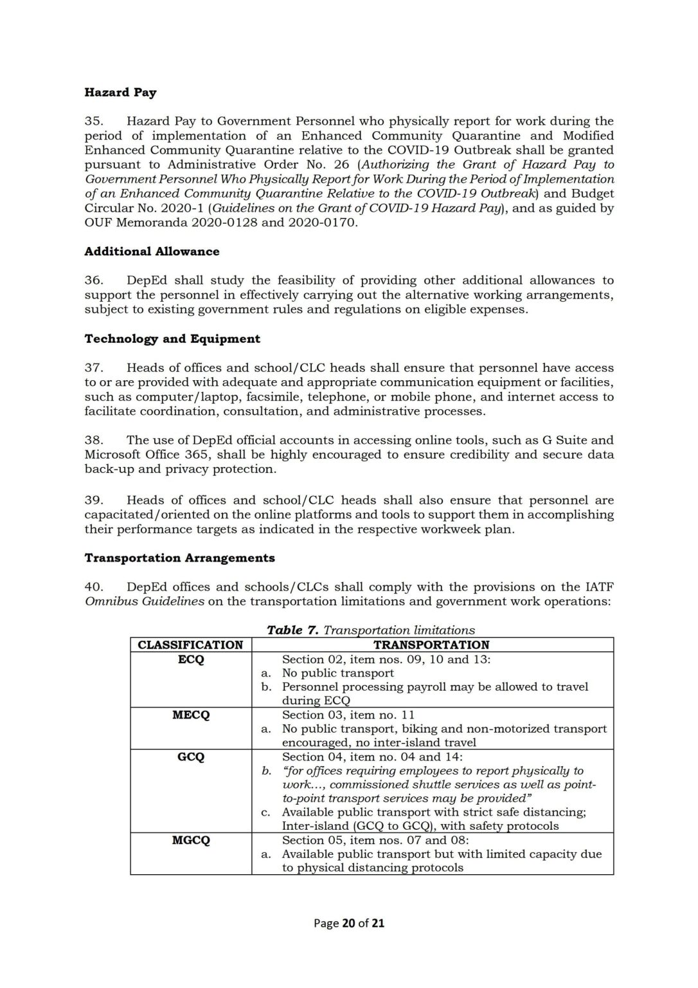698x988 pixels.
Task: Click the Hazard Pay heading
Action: [x=120, y=92]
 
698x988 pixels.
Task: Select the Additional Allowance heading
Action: [x=152, y=252]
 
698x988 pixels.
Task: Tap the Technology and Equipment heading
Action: [x=172, y=339]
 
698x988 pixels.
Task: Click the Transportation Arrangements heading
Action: [x=179, y=558]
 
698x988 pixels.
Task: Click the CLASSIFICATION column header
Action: [x=190, y=645]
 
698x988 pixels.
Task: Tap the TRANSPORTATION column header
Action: [x=431, y=645]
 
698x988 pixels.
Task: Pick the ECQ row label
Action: [x=190, y=659]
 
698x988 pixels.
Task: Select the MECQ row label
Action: [x=190, y=715]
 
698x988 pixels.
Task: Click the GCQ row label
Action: [x=190, y=757]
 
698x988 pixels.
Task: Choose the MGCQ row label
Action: [x=190, y=840]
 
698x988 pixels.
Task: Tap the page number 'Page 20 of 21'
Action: [x=348, y=923]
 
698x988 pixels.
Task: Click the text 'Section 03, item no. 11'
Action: [x=348, y=715]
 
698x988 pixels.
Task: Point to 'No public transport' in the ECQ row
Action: [x=337, y=673]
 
